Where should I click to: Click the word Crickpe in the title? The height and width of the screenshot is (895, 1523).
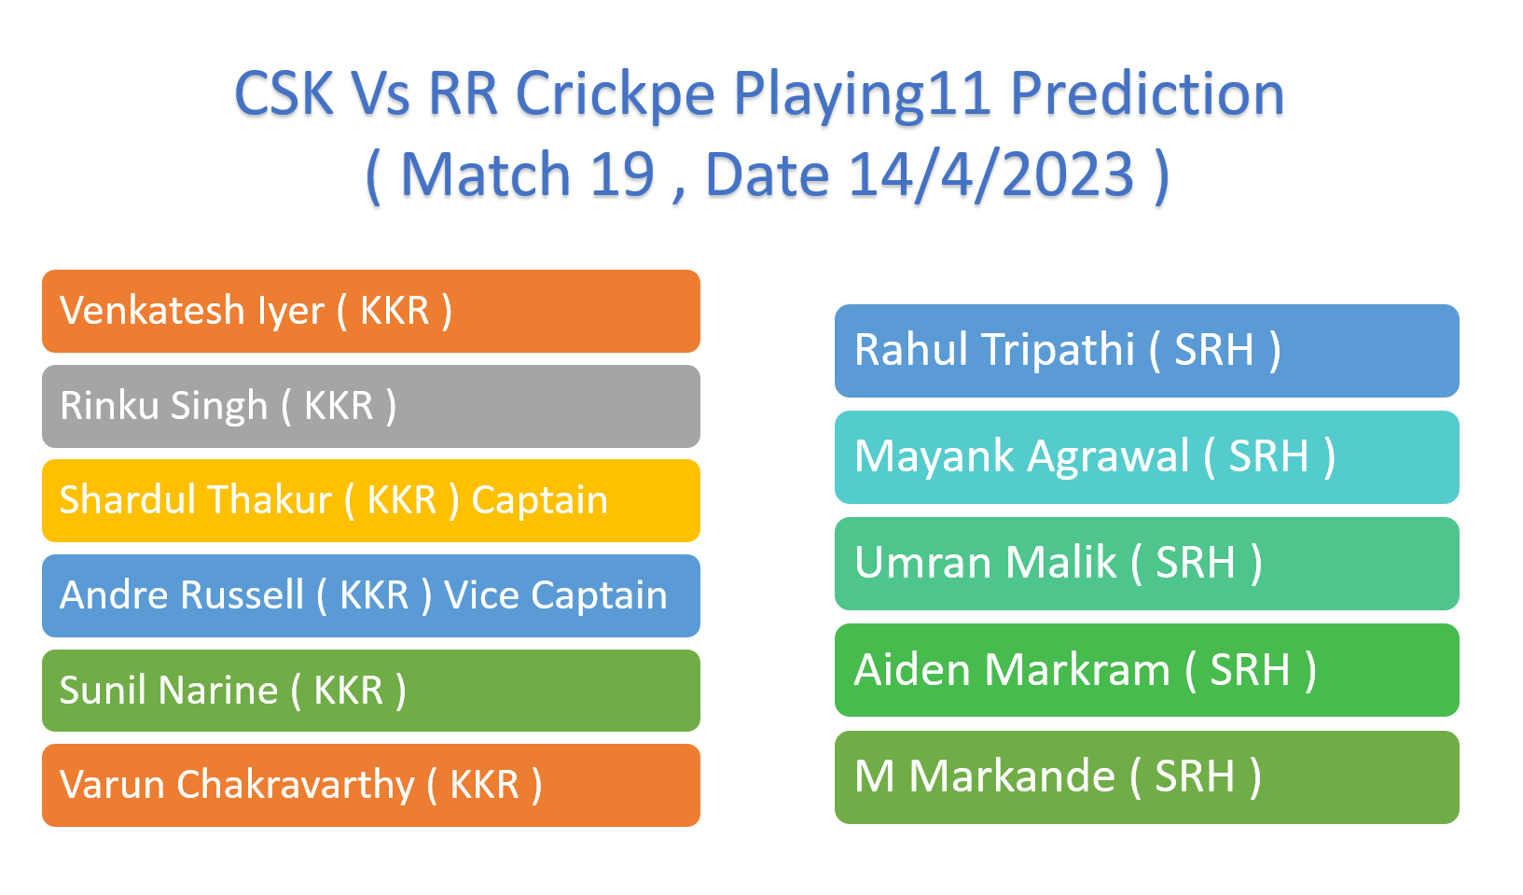[x=616, y=94]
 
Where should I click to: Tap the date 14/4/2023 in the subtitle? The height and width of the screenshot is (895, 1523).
[x=991, y=175]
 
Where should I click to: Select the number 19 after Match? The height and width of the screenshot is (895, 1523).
[x=622, y=175]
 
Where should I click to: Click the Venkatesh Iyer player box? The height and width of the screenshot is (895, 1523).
[x=371, y=311]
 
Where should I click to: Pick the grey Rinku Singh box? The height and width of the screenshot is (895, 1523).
[x=371, y=406]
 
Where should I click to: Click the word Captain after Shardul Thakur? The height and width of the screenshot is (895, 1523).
[x=540, y=501]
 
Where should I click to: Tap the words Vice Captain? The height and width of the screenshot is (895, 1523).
[x=556, y=595]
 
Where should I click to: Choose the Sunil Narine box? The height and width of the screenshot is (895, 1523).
[x=371, y=690]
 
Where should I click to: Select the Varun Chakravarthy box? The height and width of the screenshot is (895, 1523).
[x=371, y=786]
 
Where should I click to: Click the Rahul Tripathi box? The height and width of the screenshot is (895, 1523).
[x=1147, y=351]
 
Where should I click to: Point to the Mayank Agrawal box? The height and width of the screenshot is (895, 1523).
[x=1147, y=457]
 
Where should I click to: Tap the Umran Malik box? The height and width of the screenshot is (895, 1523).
[x=1147, y=564]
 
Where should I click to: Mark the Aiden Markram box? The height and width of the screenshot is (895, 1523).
[x=1147, y=670]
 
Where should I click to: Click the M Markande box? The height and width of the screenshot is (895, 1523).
[x=1147, y=777]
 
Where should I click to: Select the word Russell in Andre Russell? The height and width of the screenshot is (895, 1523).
[x=242, y=594]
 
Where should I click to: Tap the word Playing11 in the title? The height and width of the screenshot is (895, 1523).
[x=863, y=95]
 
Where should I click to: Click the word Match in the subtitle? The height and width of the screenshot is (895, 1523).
[x=486, y=175]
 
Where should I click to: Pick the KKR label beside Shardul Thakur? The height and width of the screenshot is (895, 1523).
[x=402, y=500]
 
